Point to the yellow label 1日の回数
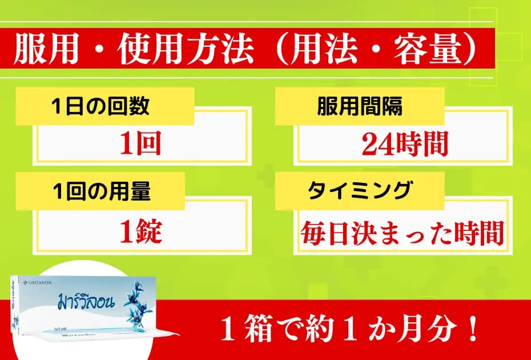[103, 107]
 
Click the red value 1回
[140, 145]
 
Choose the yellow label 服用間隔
[359, 107]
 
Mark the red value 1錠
[140, 231]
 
